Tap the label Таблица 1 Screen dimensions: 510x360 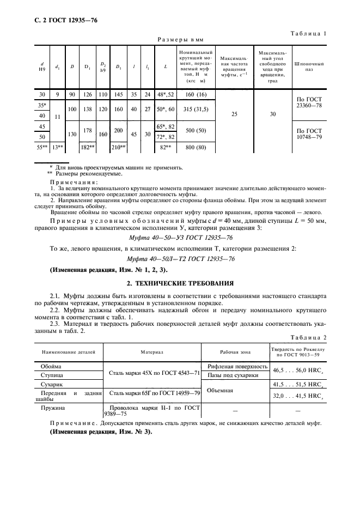308,33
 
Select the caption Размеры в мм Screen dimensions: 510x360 180,40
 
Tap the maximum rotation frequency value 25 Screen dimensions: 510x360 234,114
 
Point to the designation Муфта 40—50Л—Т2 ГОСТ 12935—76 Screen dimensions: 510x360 180,258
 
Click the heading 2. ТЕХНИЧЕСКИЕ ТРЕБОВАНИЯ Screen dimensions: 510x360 180,283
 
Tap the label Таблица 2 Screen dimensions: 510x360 308,337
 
